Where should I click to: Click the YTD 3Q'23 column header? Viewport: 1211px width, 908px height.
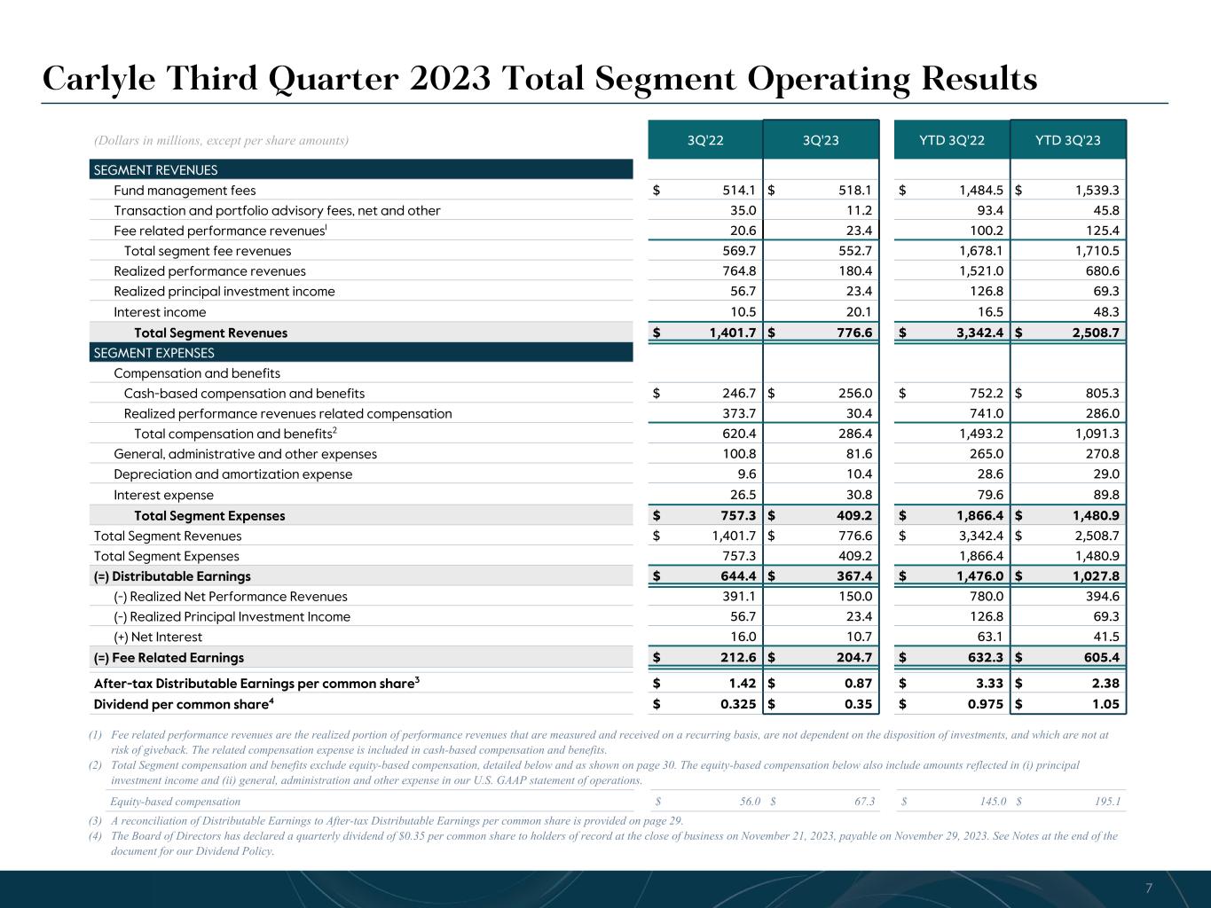pos(1068,140)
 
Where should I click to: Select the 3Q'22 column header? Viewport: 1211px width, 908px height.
pos(705,140)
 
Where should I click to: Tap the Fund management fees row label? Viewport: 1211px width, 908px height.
pos(185,191)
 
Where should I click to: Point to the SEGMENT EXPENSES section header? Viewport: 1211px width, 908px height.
pos(154,353)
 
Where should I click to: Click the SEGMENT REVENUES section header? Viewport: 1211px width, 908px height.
pos(156,170)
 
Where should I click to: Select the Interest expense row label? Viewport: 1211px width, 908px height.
pos(163,496)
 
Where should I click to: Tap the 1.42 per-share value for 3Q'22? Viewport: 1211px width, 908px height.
pos(742,684)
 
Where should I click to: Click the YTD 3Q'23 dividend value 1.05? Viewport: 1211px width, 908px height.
pos(1103,705)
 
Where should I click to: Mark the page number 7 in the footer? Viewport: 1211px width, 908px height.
pos(1149,888)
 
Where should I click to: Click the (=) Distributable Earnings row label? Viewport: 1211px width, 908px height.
pos(172,576)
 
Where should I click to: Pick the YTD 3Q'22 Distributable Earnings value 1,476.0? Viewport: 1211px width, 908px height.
pos(978,576)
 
